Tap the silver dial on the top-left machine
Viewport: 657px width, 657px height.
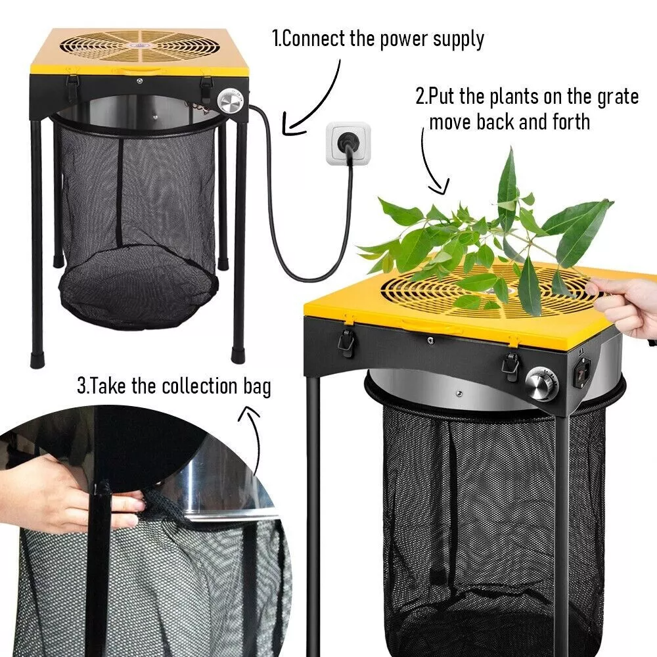(x=230, y=102)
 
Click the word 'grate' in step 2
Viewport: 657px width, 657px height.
(x=616, y=97)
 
